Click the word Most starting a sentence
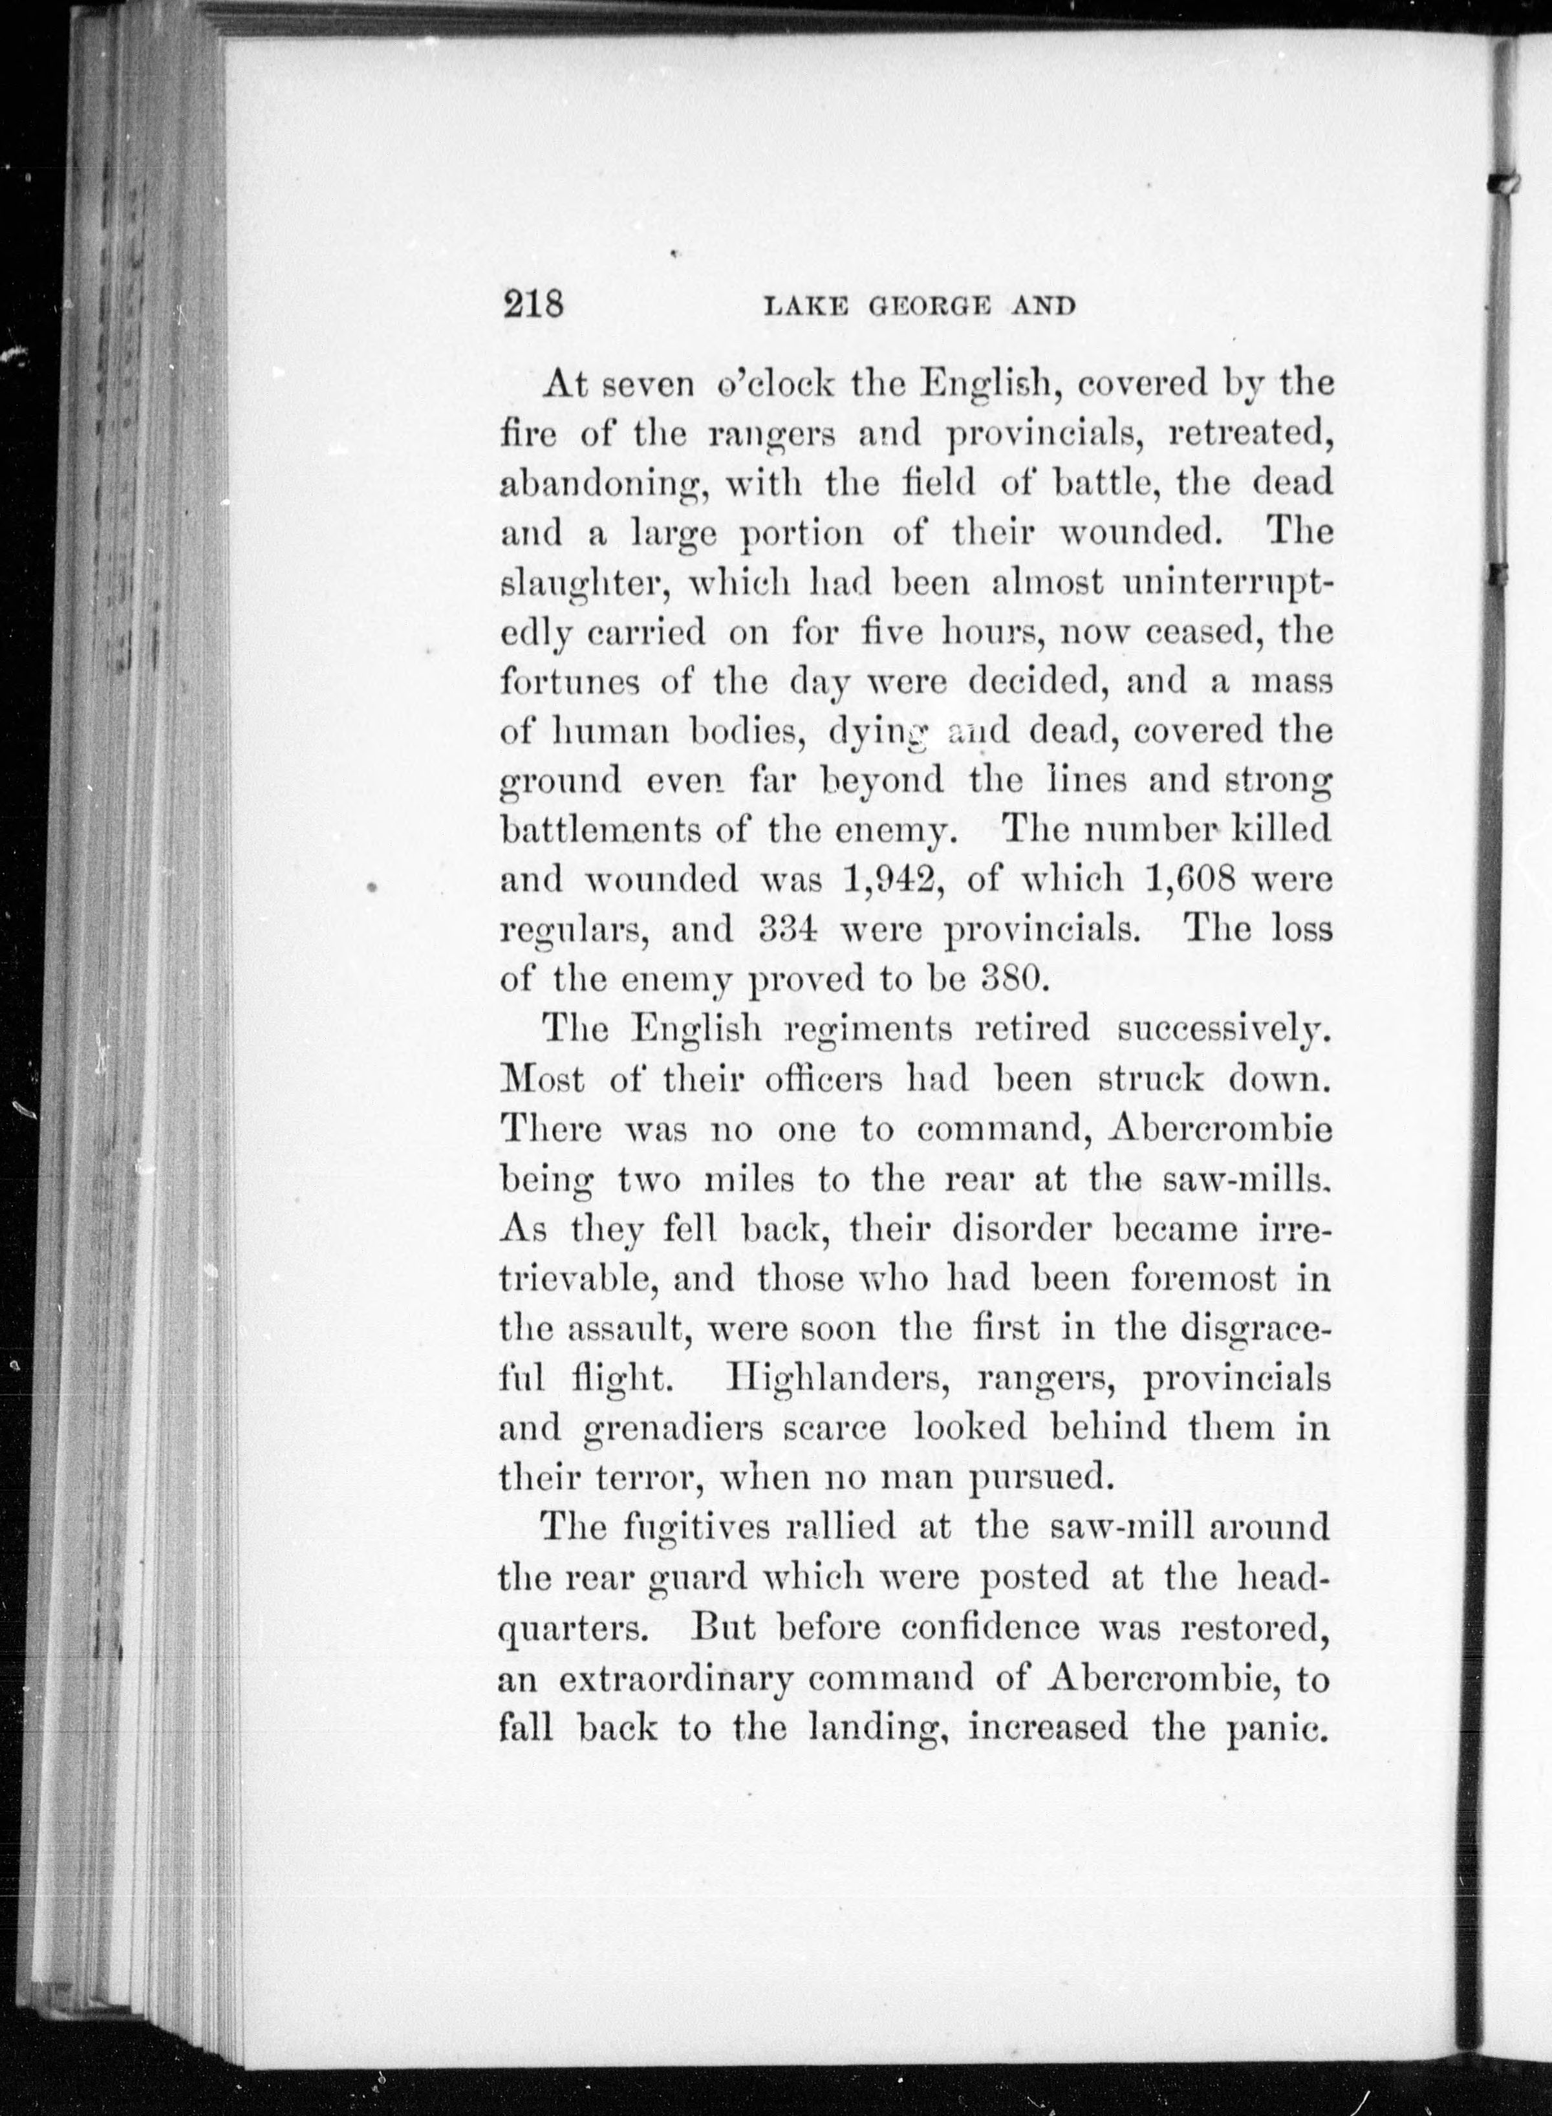coord(542,1079)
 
